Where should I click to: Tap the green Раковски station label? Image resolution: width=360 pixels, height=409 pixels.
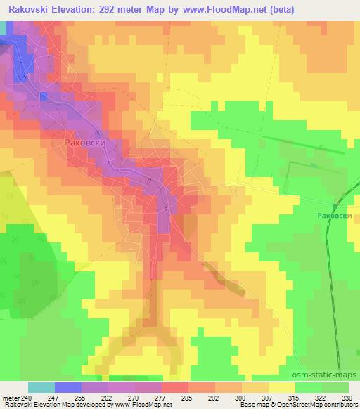tap(333, 216)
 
